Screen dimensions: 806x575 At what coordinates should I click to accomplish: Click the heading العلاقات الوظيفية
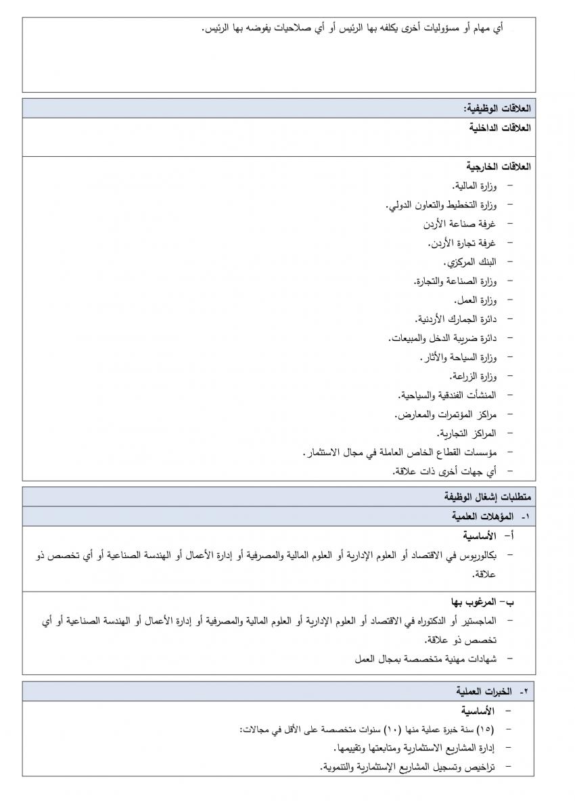497,109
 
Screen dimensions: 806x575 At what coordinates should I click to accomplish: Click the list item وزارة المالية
474,185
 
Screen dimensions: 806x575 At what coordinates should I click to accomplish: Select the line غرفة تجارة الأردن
462,242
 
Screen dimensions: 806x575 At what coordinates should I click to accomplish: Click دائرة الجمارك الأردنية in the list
456,318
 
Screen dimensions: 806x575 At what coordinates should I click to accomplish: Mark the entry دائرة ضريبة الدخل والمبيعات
442,337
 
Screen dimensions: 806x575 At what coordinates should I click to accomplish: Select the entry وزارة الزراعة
473,375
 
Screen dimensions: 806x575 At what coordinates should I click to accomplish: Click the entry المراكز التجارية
466,432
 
